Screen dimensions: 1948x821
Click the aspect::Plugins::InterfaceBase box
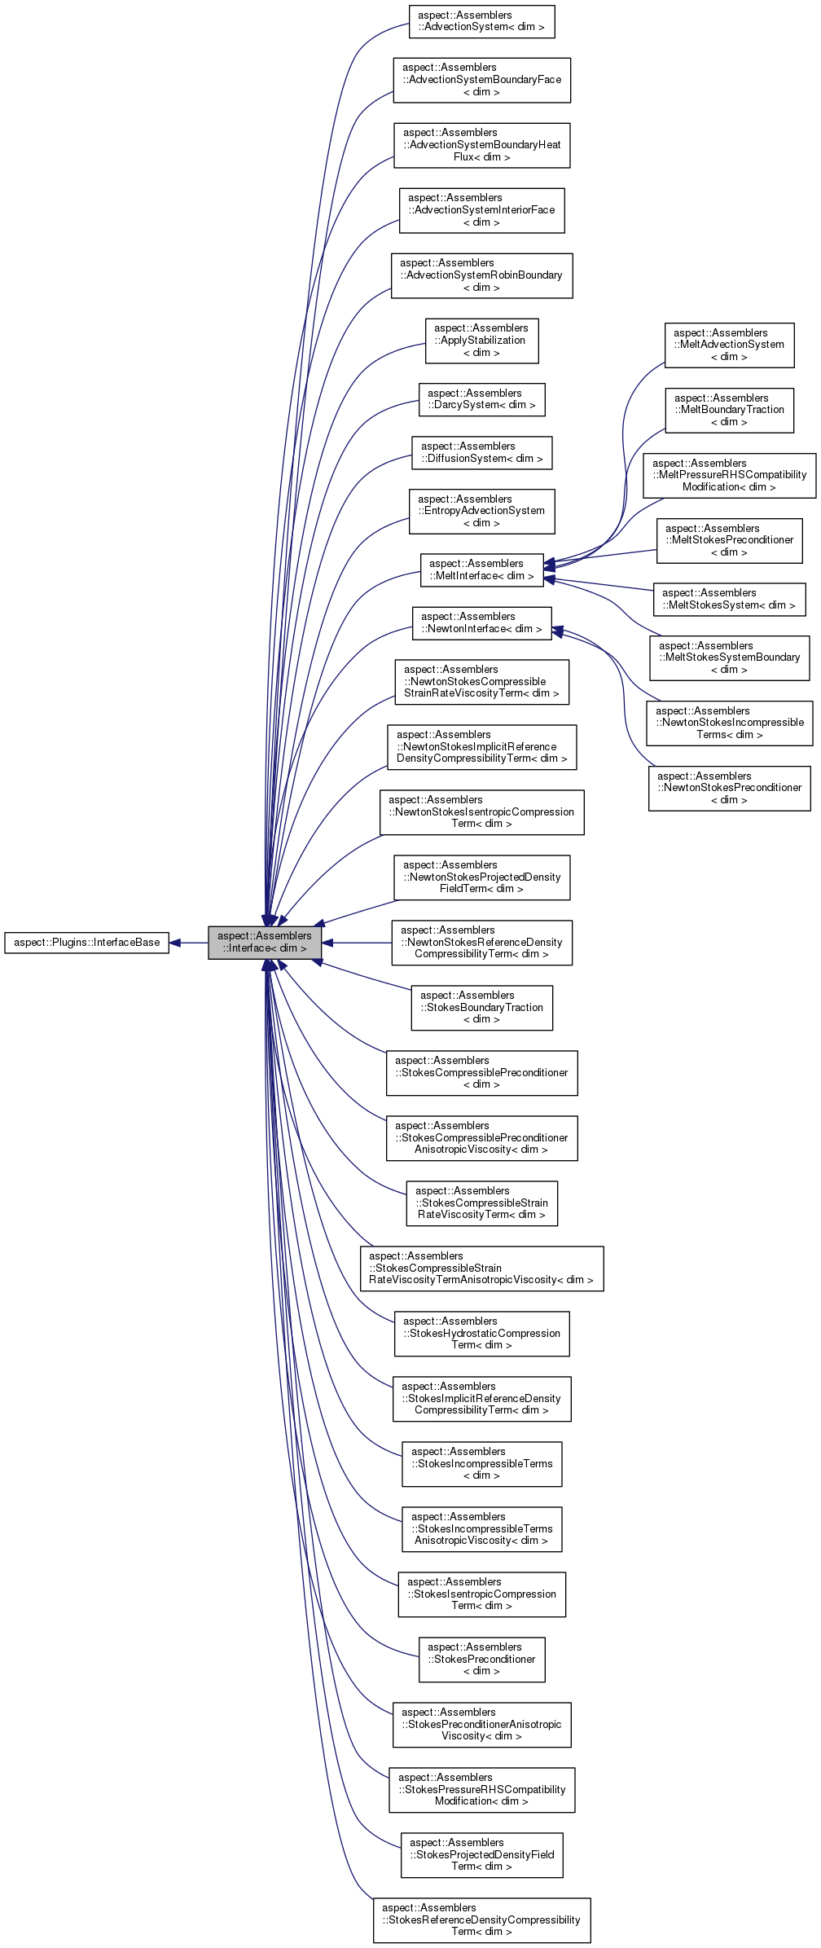pyautogui.click(x=87, y=943)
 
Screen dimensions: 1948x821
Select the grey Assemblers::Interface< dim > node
pyautogui.click(x=265, y=943)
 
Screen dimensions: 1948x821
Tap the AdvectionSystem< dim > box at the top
pyautogui.click(x=481, y=21)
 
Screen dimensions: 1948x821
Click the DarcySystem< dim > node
pyautogui.click(x=481, y=399)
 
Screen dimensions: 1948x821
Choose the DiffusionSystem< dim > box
pyautogui.click(x=481, y=452)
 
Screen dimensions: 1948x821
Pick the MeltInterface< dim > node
pyautogui.click(x=481, y=569)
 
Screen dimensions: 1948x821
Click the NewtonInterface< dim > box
pyautogui.click(x=481, y=622)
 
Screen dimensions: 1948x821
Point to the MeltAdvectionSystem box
pyautogui.click(x=729, y=345)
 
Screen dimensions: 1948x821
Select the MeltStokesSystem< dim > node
pyautogui.click(x=729, y=599)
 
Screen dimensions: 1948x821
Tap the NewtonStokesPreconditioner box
pyautogui.click(x=729, y=788)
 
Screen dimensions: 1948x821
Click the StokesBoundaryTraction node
pyautogui.click(x=481, y=1007)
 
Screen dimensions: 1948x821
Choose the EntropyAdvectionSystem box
pyautogui.click(x=481, y=511)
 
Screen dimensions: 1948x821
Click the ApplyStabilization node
pyautogui.click(x=481, y=341)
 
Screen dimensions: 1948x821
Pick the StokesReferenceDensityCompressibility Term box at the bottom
pyautogui.click(x=481, y=1919)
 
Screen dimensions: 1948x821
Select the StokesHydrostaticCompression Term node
pyautogui.click(x=481, y=1333)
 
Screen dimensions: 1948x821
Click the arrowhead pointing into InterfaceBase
pyautogui.click(x=175, y=943)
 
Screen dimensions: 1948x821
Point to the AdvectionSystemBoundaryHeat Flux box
pyautogui.click(x=481, y=145)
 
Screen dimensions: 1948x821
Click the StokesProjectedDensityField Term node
pyautogui.click(x=481, y=1854)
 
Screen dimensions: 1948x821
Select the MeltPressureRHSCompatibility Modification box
pyautogui.click(x=729, y=475)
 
